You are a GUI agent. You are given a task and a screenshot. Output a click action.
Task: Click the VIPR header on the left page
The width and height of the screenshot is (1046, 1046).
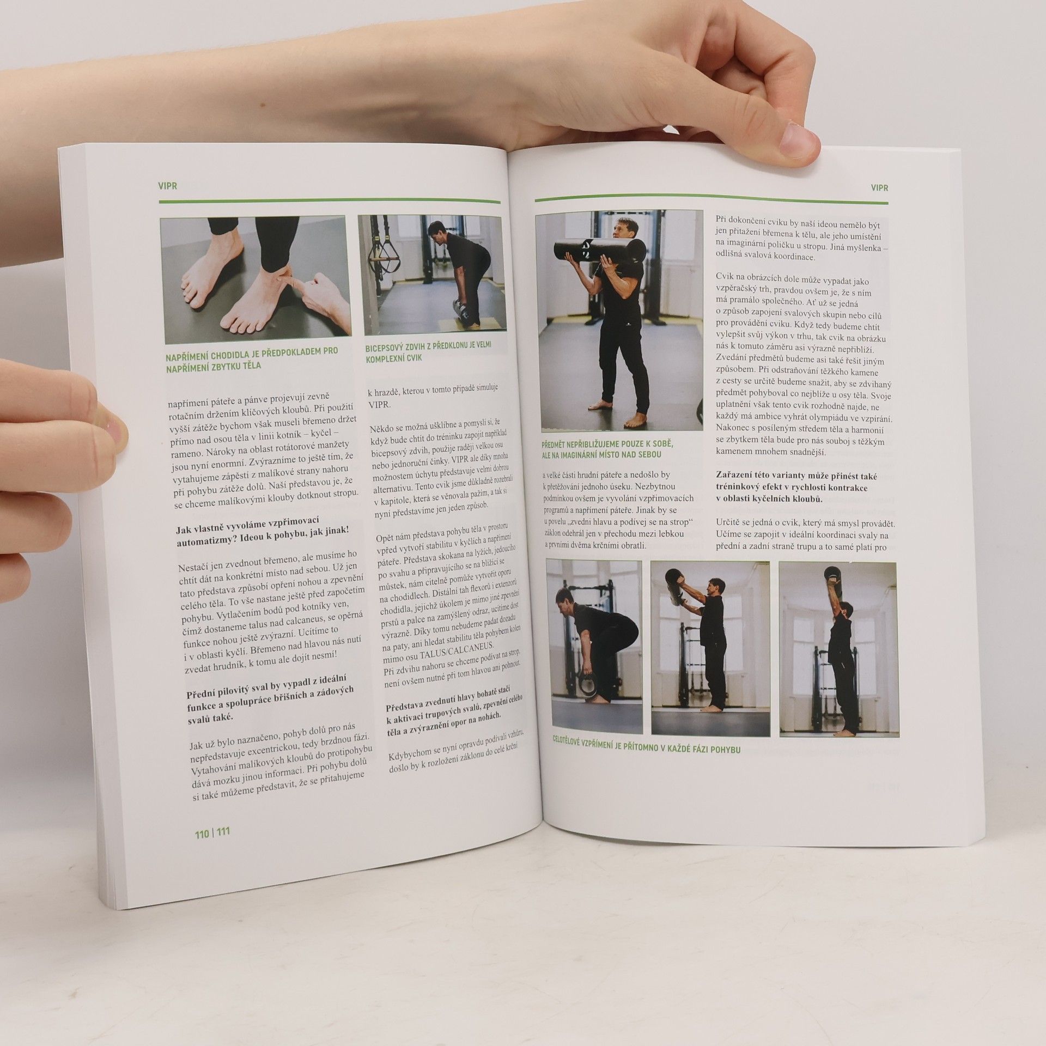[x=168, y=186]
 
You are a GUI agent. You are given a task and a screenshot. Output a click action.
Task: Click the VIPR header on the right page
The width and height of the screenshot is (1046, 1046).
[x=879, y=187]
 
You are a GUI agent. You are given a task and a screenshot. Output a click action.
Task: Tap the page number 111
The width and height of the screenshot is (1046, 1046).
[x=223, y=848]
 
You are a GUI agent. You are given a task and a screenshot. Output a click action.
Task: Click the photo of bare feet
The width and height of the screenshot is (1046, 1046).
[x=255, y=277]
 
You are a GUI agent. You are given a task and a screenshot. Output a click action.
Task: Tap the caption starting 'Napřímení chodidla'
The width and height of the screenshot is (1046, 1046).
[x=252, y=358]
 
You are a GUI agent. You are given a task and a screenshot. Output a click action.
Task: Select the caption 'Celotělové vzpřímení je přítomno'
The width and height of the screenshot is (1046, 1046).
[x=646, y=750]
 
